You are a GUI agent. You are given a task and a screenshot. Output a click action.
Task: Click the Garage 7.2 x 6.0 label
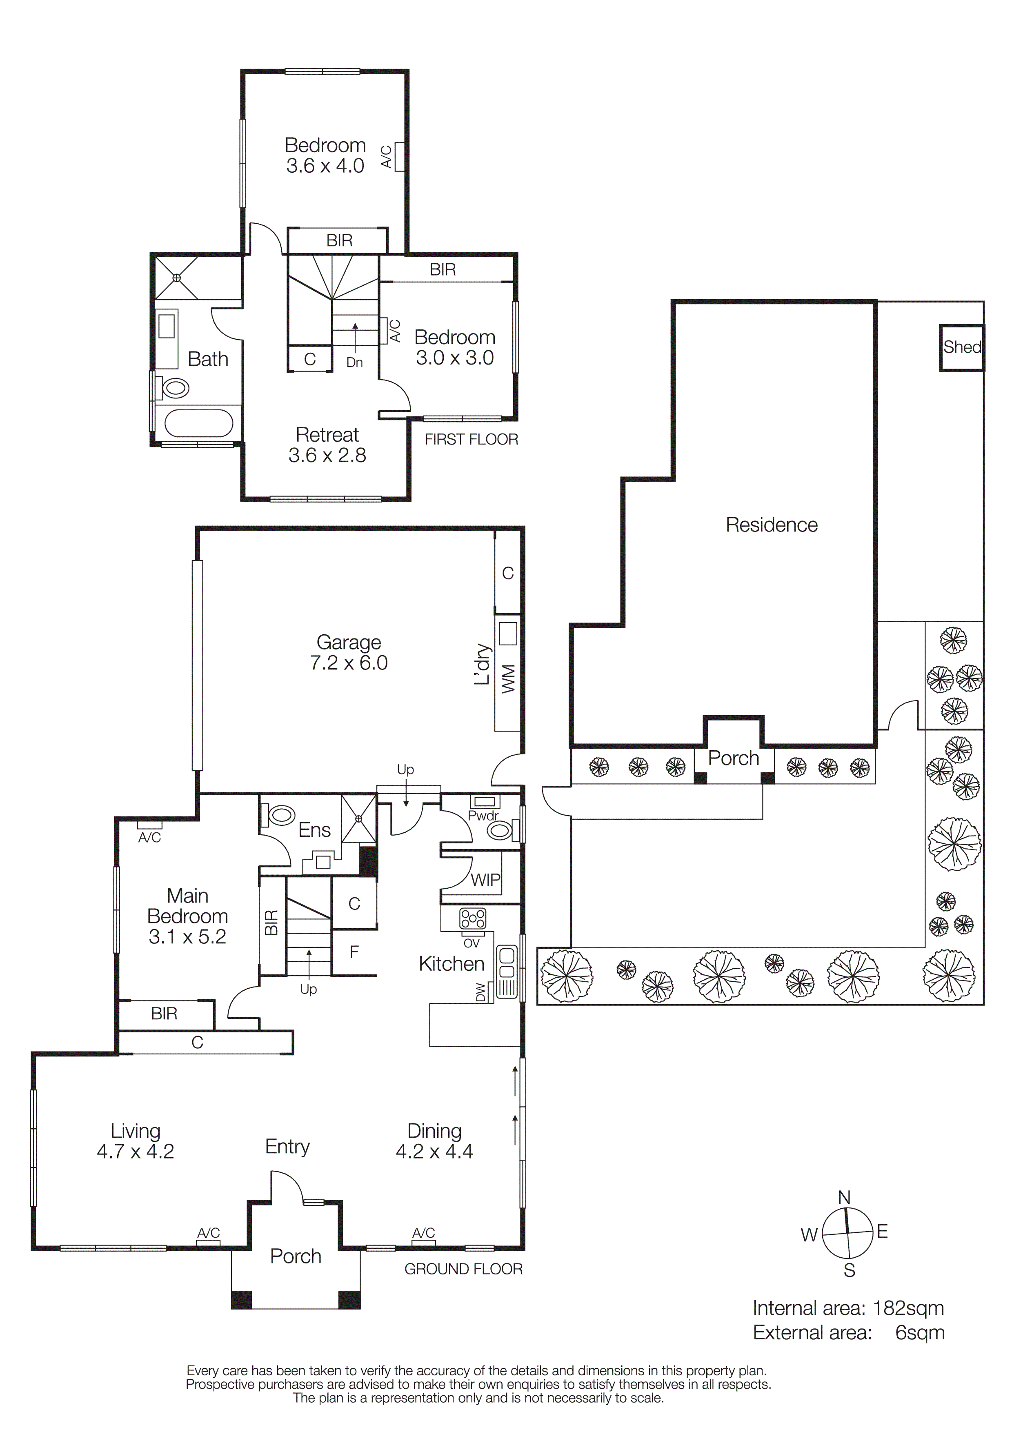[349, 652]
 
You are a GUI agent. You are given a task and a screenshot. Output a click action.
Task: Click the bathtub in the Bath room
[198, 423]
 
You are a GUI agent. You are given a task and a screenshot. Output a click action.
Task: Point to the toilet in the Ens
[280, 815]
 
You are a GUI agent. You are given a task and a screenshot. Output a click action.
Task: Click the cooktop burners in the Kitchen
[473, 919]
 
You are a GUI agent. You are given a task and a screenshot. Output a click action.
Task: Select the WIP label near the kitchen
[485, 880]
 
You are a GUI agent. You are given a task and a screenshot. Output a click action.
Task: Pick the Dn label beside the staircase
[354, 362]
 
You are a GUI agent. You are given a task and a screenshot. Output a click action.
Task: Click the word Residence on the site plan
[771, 525]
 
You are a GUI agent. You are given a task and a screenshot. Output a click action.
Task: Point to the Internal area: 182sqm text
[848, 1308]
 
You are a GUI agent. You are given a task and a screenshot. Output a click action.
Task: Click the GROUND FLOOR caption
[463, 1269]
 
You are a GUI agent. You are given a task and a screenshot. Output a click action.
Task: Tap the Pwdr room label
[483, 816]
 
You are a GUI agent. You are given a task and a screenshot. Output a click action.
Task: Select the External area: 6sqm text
[848, 1333]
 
